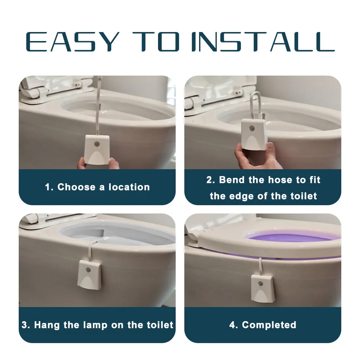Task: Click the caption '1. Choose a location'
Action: coord(97,187)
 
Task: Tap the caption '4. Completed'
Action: coord(263,325)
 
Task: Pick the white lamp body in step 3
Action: coord(89,275)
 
